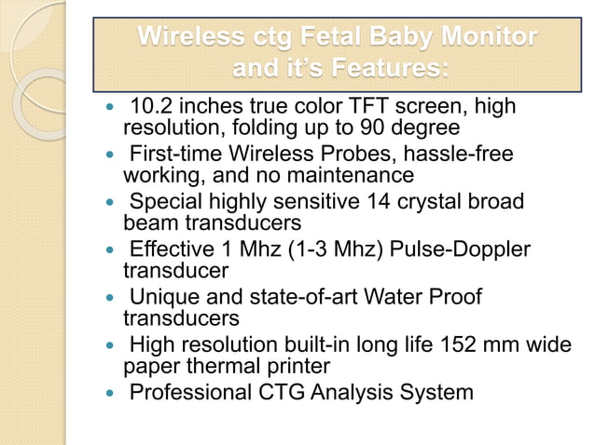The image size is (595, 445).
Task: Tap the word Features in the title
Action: (384, 68)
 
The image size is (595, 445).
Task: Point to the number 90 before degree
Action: (378, 126)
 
